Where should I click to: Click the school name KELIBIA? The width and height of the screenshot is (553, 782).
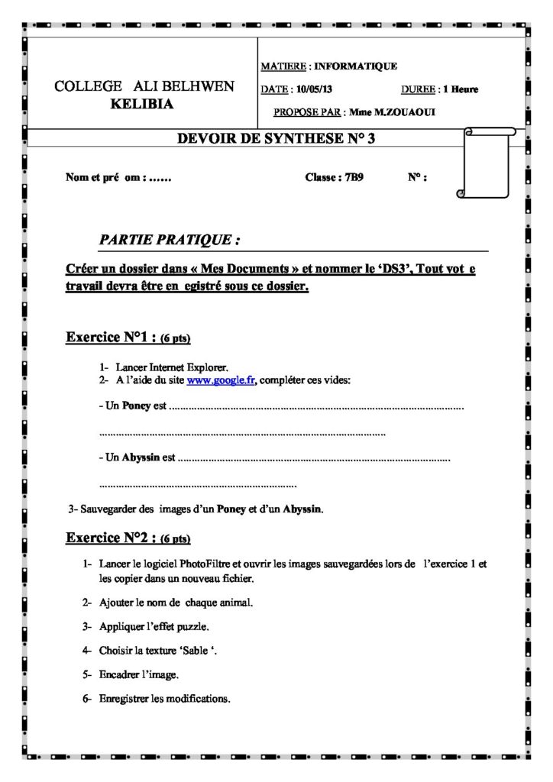click(x=142, y=105)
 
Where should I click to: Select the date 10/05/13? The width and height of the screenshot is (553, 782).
click(x=314, y=89)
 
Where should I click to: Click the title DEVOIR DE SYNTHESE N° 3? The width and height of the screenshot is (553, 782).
click(x=276, y=138)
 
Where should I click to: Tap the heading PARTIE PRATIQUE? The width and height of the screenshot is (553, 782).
click(x=170, y=240)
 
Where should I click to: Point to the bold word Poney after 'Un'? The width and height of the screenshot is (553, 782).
click(x=137, y=406)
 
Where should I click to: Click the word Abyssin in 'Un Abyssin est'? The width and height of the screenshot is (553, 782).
click(x=141, y=458)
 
